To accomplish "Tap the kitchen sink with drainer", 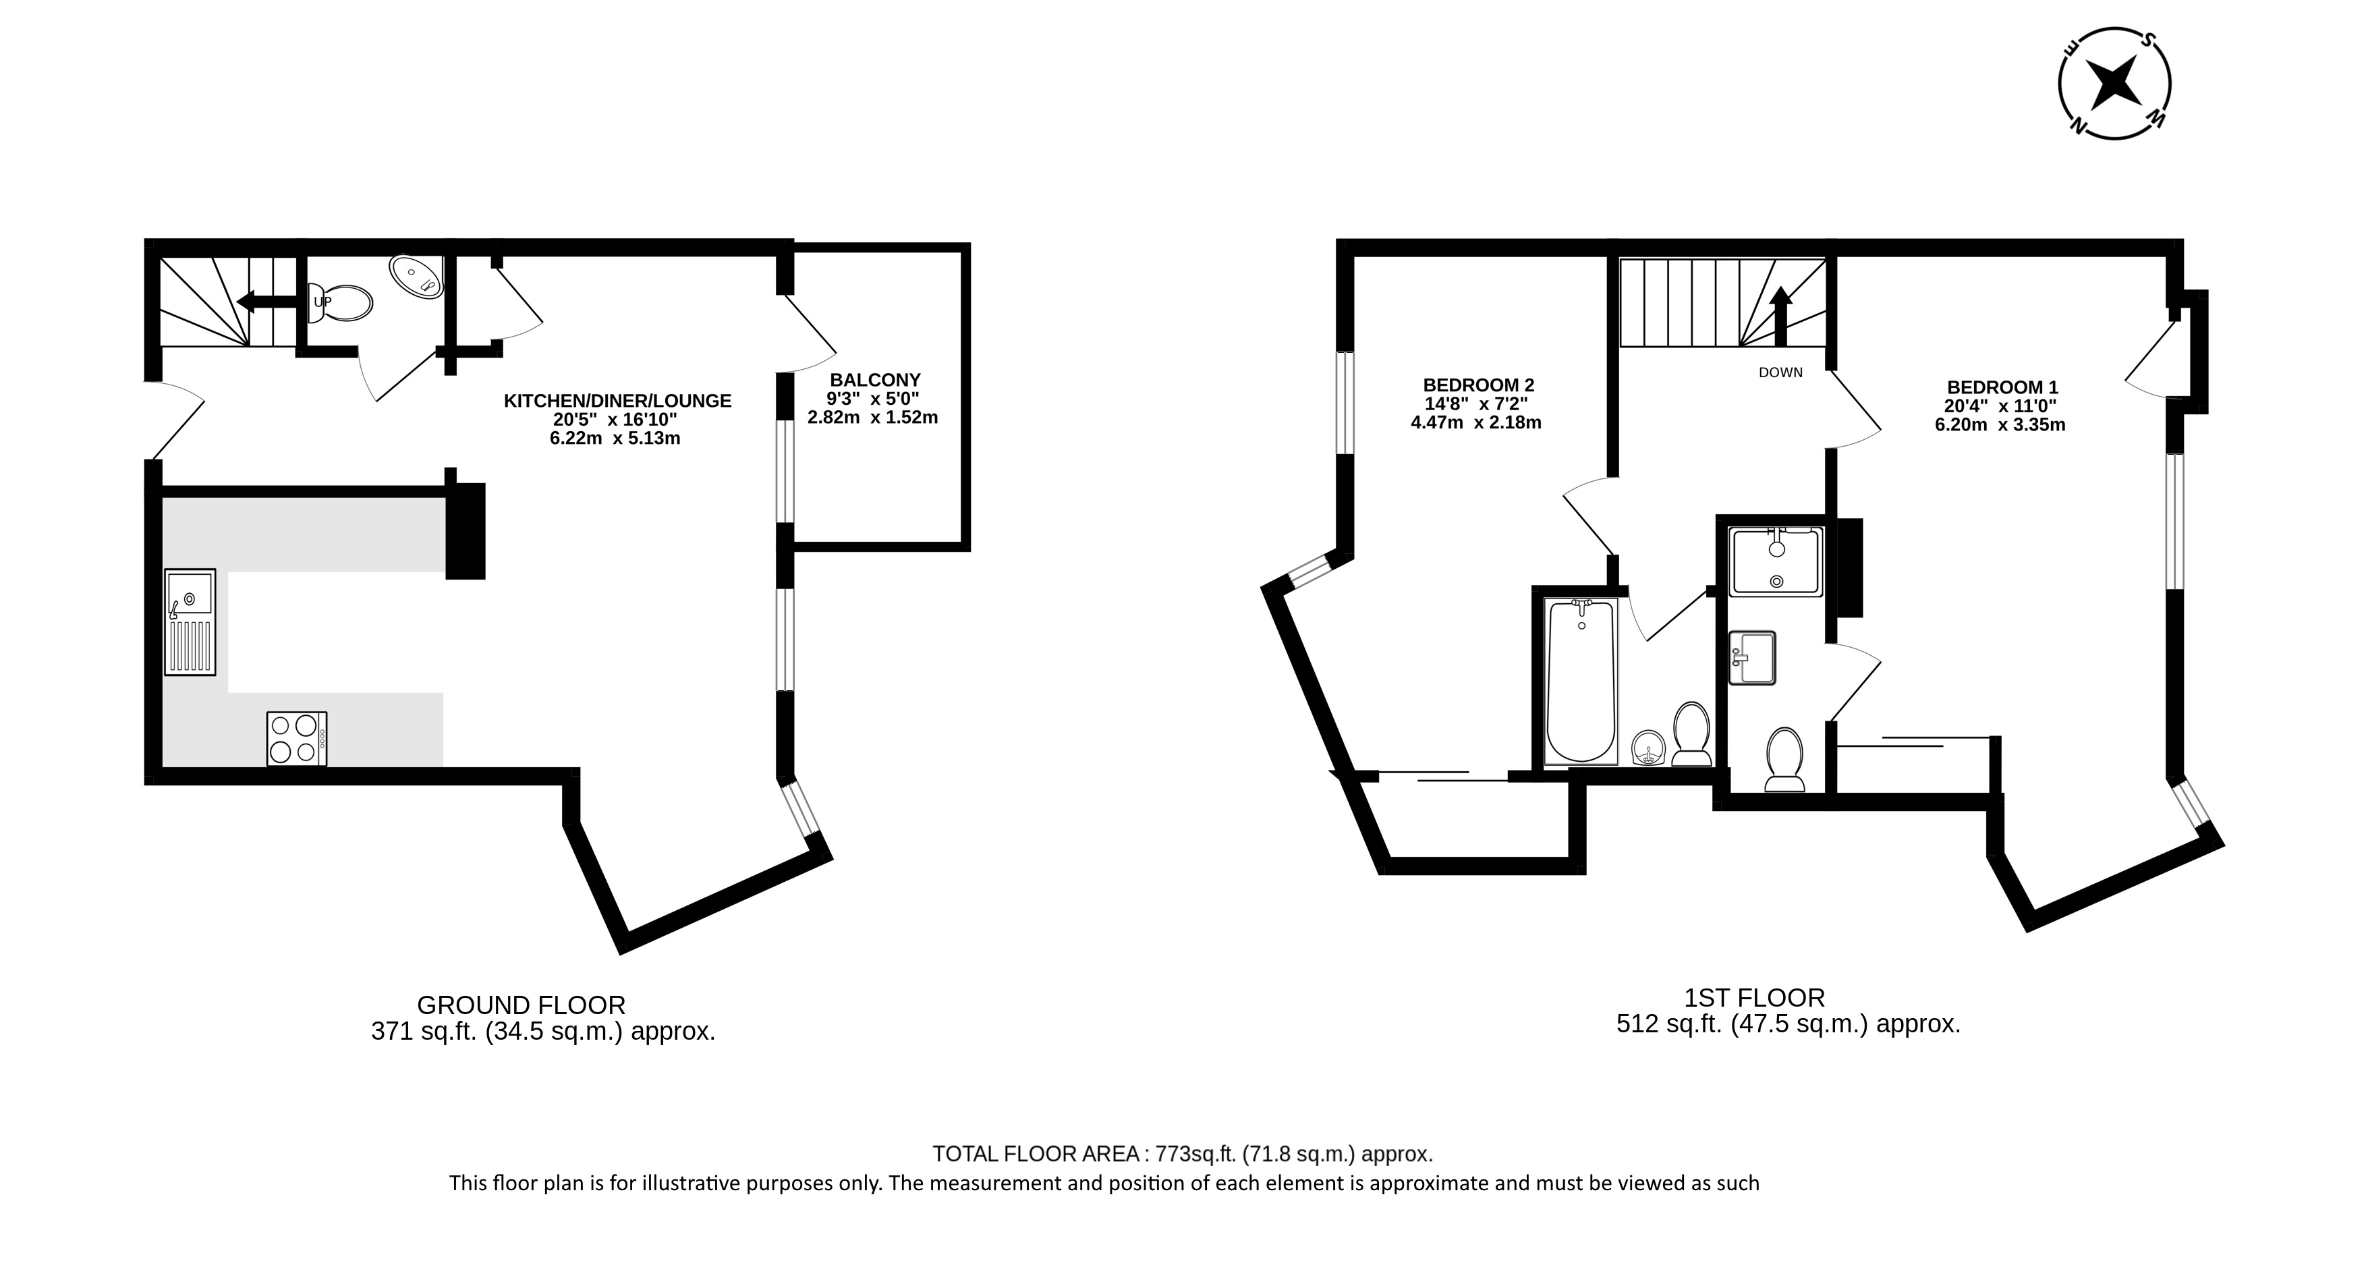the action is [190, 623].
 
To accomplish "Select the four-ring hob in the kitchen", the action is [297, 739].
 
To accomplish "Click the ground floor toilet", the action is [341, 303].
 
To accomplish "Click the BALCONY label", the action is [874, 379].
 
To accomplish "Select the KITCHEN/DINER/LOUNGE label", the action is [617, 401].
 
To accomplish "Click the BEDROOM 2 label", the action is [1478, 385].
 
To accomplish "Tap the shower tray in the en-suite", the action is [1776, 561].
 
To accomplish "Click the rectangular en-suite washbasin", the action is [1753, 658].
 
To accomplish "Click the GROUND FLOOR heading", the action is [521, 1005].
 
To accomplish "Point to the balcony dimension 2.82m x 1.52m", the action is [872, 418].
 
